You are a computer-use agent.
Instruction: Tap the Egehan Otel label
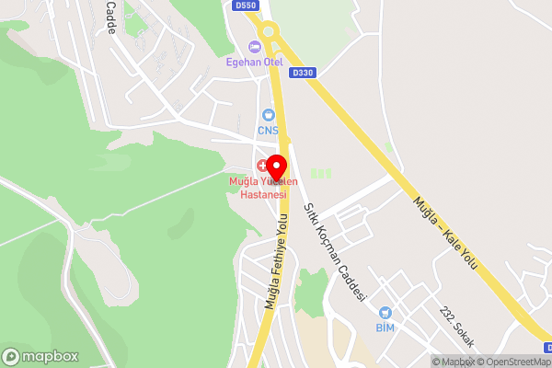(x=254, y=63)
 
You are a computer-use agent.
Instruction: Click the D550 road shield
(x=246, y=6)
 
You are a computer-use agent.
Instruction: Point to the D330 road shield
(x=302, y=72)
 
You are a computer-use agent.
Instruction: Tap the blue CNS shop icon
(x=268, y=116)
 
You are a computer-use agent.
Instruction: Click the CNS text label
(x=268, y=131)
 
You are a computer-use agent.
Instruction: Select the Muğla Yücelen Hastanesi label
(x=258, y=188)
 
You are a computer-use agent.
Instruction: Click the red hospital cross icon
(x=262, y=166)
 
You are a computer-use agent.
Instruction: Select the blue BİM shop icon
(x=385, y=313)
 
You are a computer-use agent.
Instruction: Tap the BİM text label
(x=385, y=328)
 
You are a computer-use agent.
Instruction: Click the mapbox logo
(x=39, y=355)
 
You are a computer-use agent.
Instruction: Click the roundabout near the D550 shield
(x=269, y=31)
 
